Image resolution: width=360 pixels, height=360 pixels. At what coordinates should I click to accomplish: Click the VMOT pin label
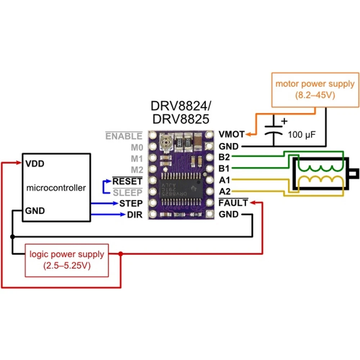tap(231, 134)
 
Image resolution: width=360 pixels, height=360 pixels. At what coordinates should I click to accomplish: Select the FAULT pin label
tap(233, 203)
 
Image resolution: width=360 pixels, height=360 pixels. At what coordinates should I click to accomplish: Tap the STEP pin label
tap(131, 203)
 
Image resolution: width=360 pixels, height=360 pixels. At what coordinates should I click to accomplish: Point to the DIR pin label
tap(135, 215)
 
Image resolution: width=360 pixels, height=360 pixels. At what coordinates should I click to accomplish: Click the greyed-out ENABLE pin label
tap(123, 136)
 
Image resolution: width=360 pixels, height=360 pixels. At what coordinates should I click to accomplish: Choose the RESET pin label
tap(127, 181)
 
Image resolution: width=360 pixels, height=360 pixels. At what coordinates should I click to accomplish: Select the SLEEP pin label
tap(128, 192)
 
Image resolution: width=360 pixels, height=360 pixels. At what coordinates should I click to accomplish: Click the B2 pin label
tap(224, 157)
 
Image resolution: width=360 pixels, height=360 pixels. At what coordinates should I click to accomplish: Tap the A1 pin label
tap(224, 180)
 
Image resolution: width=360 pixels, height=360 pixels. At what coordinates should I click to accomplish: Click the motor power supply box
tap(315, 89)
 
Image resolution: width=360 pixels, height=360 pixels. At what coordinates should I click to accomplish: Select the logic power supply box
tap(67, 260)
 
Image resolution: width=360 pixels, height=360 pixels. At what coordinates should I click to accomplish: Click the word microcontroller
tap(57, 188)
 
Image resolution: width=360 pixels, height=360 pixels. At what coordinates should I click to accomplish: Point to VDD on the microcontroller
tap(35, 164)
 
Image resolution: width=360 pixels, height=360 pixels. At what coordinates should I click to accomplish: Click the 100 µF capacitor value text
tap(302, 135)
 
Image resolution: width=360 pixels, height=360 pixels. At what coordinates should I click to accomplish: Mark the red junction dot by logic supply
tap(121, 254)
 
